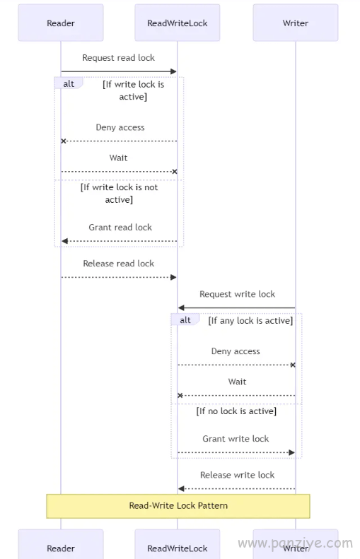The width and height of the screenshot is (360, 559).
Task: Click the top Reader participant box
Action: tap(61, 23)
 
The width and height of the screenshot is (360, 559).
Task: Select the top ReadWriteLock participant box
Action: tap(178, 23)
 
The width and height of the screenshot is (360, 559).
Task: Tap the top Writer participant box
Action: tap(296, 23)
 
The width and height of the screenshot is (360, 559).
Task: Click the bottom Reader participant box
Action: tap(61, 544)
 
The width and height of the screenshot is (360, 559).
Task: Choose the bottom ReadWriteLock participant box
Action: tap(178, 544)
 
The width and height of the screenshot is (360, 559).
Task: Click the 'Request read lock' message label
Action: tap(118, 58)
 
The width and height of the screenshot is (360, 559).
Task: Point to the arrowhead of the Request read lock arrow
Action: tap(174, 71)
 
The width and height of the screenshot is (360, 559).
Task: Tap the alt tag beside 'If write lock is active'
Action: tap(69, 84)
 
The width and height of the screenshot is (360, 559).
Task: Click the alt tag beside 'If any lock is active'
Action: tap(185, 320)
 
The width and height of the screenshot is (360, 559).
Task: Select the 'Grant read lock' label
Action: tap(120, 228)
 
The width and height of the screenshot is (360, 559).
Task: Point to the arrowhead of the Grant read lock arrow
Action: tap(64, 241)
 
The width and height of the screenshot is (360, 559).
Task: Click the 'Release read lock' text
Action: tap(118, 264)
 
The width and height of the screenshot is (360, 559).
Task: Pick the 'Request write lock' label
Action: tap(237, 294)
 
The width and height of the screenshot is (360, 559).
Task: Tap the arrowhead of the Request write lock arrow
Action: tap(181, 307)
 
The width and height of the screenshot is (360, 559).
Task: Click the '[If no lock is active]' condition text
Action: tap(236, 411)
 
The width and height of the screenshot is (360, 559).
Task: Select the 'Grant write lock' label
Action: tap(236, 439)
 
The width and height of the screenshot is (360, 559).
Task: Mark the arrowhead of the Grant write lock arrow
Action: tap(292, 452)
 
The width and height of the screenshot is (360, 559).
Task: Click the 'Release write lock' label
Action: tap(237, 475)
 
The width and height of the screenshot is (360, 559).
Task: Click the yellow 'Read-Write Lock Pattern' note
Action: tap(178, 506)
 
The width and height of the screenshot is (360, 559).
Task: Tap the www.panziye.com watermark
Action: tap(296, 543)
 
